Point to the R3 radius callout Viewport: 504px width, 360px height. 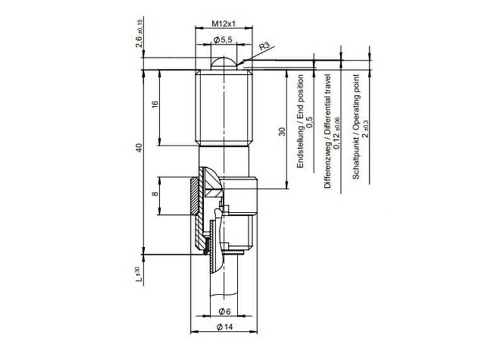pos(265,46)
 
